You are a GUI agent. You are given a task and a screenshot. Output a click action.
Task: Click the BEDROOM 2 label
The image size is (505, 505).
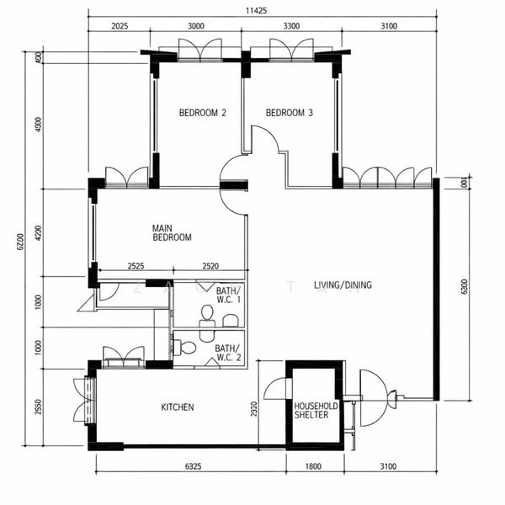[203, 113]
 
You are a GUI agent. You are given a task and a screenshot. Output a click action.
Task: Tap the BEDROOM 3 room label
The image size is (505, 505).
[290, 113]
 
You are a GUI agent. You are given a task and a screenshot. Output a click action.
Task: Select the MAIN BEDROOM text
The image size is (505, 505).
[172, 232]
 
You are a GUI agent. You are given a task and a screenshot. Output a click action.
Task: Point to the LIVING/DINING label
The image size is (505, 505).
[343, 285]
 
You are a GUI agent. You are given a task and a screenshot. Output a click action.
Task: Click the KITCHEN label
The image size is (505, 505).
[178, 407]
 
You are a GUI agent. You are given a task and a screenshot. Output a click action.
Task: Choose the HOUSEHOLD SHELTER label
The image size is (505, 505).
[316, 410]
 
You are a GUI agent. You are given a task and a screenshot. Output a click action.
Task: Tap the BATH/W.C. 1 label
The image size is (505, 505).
[227, 294]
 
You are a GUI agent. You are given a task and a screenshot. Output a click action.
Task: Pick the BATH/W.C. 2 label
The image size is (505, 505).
[226, 352]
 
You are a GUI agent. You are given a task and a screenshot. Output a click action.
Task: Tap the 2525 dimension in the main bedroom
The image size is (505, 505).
[135, 267]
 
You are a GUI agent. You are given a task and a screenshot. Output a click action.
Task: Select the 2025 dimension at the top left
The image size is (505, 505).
[119, 27]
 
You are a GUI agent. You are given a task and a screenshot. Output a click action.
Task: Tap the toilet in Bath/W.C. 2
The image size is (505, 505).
[189, 347]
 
